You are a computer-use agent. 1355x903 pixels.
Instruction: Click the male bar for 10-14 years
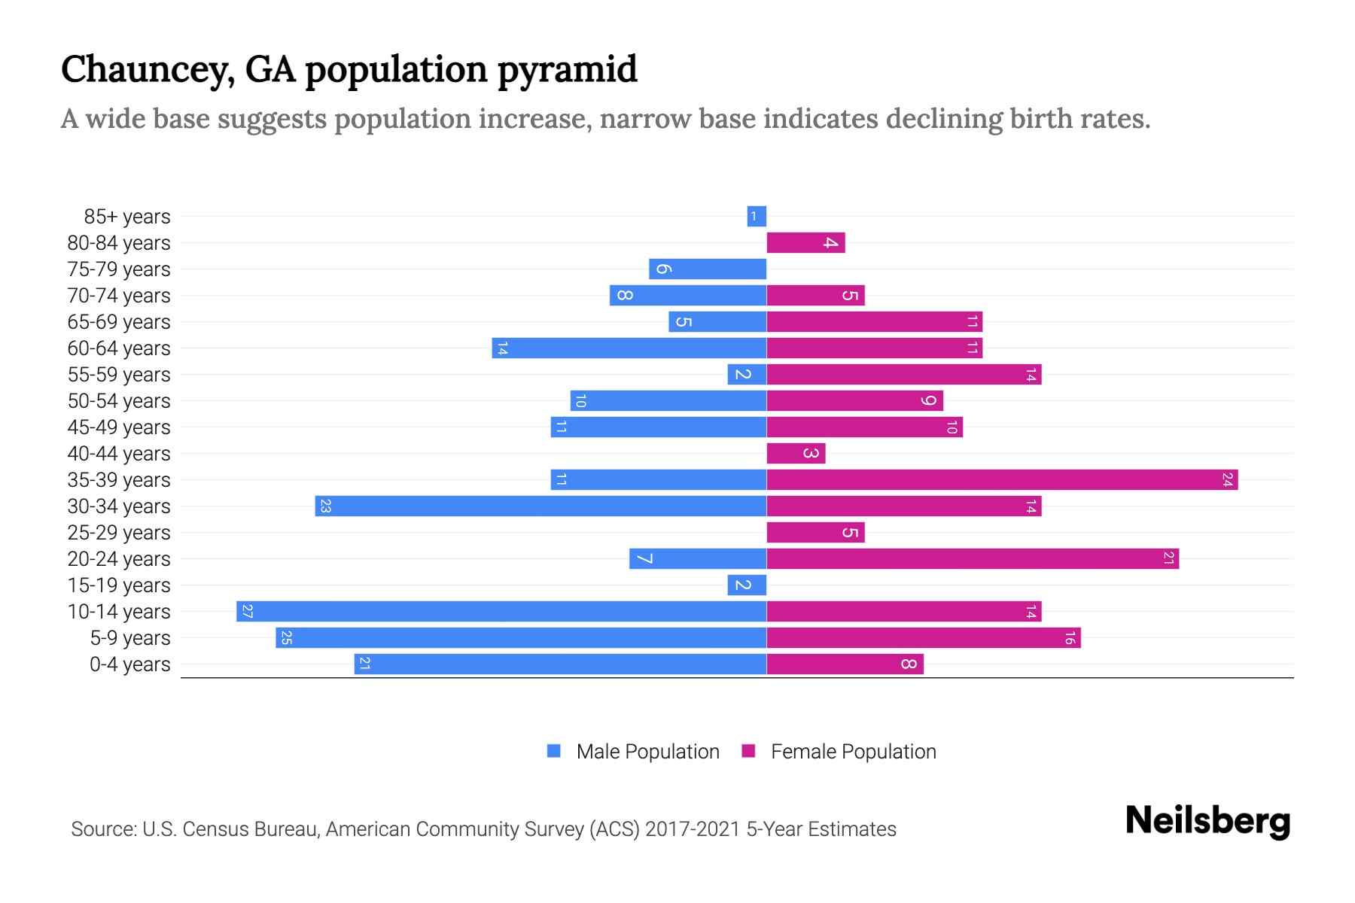coord(501,611)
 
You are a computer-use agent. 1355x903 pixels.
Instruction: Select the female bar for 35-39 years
coord(1002,479)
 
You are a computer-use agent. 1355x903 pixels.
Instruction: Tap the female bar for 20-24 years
coord(973,558)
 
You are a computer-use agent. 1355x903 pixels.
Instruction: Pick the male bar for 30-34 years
coord(540,506)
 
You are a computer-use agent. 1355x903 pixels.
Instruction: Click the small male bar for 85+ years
coord(757,216)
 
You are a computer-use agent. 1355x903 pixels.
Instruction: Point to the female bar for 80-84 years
coord(805,242)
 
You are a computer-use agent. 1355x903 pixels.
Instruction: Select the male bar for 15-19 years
coord(747,585)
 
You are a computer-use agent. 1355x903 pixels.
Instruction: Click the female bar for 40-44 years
coord(796,453)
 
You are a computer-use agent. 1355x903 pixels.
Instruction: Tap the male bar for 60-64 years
coord(629,348)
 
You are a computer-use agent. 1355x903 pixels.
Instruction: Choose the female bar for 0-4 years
coord(845,664)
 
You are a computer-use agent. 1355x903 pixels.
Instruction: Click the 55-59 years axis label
coord(119,375)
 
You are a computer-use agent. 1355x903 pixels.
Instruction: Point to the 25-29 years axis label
coord(119,533)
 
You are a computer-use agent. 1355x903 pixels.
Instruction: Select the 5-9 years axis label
coord(130,638)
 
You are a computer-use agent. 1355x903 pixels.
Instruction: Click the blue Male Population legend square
coord(554,751)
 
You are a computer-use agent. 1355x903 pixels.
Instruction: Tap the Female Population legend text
coord(853,752)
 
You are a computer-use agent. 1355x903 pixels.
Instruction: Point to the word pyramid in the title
coord(568,69)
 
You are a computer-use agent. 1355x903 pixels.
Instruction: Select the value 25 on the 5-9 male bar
coord(286,638)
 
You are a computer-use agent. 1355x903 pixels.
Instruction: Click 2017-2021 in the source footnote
coord(692,829)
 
